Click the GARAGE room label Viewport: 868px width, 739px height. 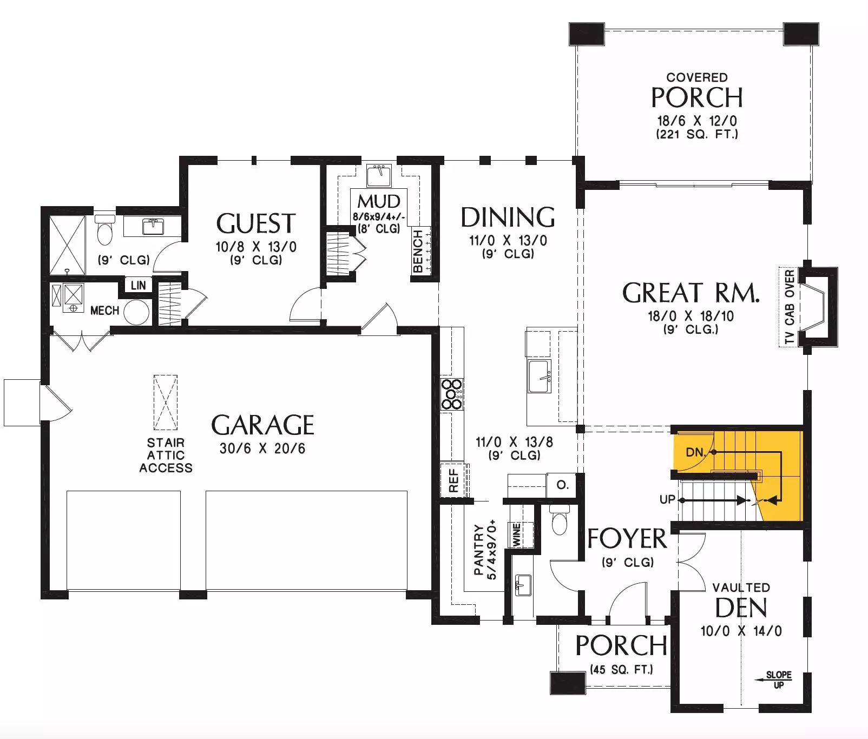pos(262,425)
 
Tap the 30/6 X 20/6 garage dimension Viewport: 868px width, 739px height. pos(262,448)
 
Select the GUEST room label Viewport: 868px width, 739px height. pos(256,223)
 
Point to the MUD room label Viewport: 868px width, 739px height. pos(379,201)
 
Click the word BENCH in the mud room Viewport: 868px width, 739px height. pos(418,251)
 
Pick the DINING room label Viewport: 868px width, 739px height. pos(508,217)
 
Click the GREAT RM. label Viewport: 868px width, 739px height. pos(691,293)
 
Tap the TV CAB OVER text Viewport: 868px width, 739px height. pos(790,307)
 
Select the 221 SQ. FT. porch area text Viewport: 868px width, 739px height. pos(697,134)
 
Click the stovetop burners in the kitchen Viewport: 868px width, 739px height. pos(452,394)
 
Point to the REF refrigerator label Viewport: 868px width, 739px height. pos(453,480)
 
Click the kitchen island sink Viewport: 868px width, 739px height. pos(540,377)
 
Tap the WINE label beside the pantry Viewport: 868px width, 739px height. pos(516,534)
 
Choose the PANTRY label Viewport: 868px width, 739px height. pos(478,550)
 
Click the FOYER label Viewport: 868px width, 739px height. pos(627,539)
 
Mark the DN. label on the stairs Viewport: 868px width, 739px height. pos(696,452)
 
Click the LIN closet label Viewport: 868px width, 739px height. pos(138,285)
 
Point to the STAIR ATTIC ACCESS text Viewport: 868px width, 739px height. pos(166,456)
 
